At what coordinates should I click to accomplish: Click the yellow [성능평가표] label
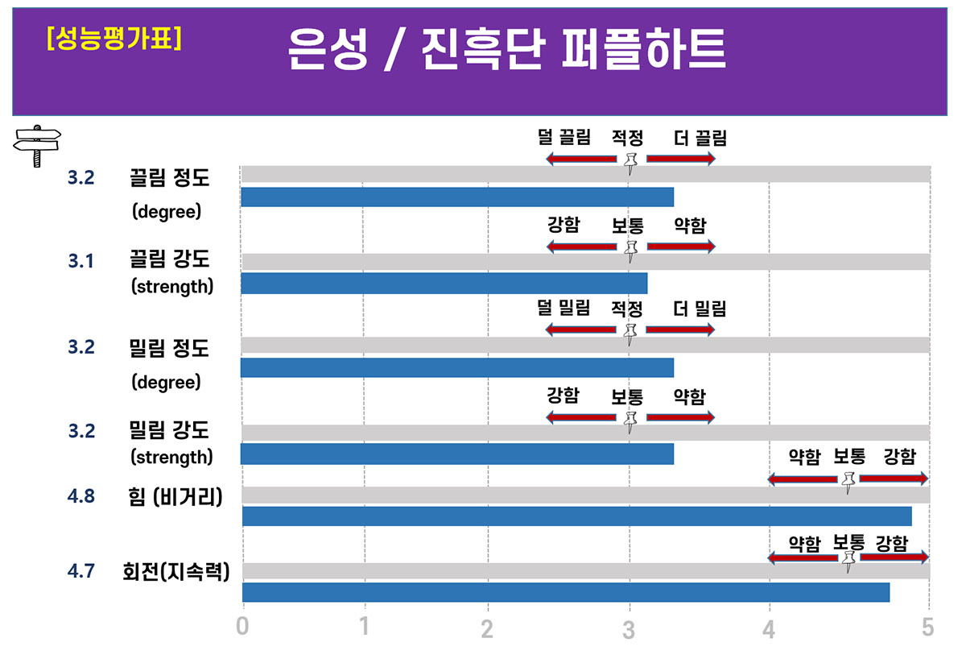click(114, 39)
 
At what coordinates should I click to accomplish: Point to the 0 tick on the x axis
click(242, 626)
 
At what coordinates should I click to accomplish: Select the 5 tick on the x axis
click(928, 626)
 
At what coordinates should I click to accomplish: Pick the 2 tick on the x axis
click(487, 628)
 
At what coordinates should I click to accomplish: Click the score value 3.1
click(80, 261)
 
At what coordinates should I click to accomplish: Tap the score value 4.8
click(80, 496)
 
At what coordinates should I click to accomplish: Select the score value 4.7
click(80, 571)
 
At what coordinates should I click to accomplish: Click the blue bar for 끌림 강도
click(444, 284)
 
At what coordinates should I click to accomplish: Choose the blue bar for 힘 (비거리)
click(576, 516)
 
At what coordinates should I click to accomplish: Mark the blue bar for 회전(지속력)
click(565, 591)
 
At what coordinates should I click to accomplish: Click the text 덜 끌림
click(563, 138)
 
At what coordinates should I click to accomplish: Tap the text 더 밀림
click(700, 308)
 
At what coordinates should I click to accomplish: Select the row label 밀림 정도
click(169, 348)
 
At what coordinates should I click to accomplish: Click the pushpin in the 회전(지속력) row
click(848, 560)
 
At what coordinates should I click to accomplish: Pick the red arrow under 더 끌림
click(680, 159)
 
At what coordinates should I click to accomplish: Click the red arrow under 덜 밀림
click(580, 329)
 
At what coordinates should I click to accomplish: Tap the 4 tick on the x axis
click(770, 628)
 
